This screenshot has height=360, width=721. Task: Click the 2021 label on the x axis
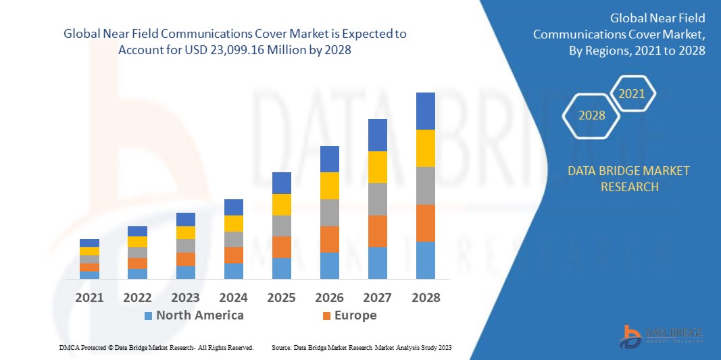89,297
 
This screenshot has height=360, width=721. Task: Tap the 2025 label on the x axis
281,297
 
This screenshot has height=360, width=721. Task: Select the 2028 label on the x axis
425,297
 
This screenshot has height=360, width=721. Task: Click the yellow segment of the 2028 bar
425,148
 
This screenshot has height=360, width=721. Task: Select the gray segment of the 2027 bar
377,199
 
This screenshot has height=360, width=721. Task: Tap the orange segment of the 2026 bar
329,239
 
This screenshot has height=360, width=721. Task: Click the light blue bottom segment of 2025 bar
281,268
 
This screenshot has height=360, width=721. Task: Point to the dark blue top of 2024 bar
233,207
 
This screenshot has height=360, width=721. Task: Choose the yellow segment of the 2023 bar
185,232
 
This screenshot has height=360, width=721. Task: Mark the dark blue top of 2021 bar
89,243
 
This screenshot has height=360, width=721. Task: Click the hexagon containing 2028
592,115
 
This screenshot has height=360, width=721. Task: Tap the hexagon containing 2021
632,94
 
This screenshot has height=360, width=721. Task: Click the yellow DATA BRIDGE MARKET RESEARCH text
629,178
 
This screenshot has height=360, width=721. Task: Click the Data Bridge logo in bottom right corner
662,335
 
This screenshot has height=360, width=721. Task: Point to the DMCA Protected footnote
156,347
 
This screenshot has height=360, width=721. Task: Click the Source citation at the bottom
361,347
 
